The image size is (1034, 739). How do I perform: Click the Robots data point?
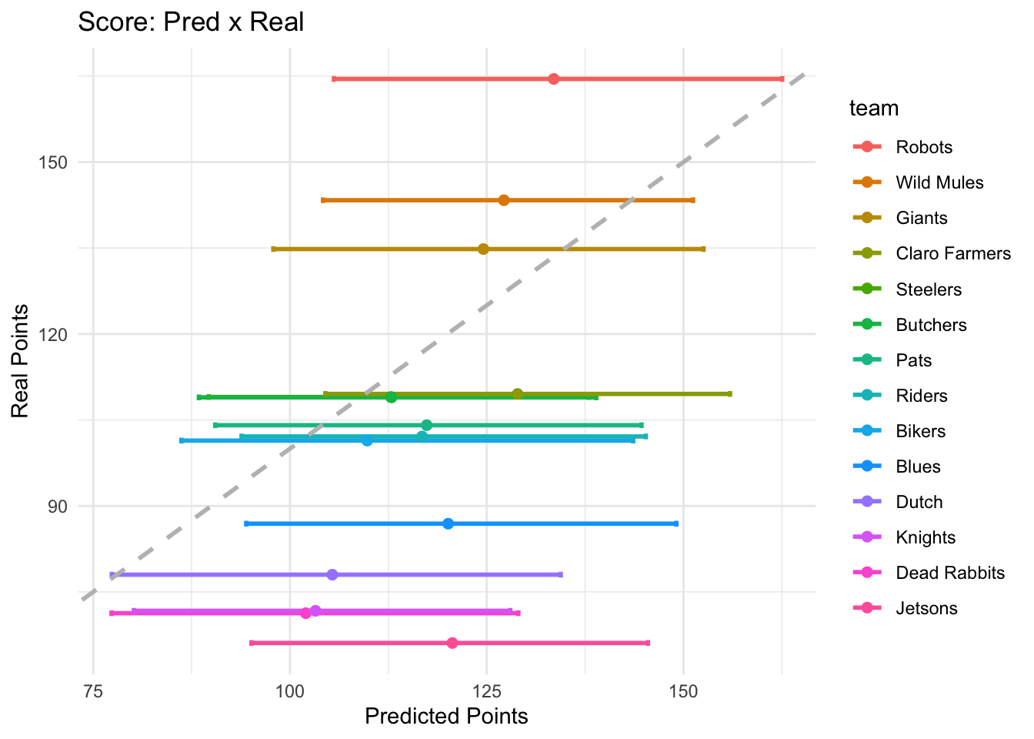point(553,79)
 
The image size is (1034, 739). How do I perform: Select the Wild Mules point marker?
point(504,200)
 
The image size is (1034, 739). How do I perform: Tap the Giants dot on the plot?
point(483,249)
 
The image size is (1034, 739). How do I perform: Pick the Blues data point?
point(449,523)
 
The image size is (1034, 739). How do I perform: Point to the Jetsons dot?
point(452,643)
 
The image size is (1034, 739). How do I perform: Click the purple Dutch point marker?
point(332,574)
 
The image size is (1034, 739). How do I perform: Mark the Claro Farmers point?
point(517,394)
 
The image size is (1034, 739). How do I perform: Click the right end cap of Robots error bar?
point(782,79)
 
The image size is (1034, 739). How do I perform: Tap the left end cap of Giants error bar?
point(273,249)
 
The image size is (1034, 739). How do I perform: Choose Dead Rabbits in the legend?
point(950,573)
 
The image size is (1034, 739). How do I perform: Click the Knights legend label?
point(926,537)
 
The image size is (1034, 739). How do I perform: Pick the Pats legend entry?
point(913,360)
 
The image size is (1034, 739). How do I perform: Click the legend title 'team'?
point(873,109)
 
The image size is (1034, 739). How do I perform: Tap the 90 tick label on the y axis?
point(58,507)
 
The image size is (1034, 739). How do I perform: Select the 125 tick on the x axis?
point(486,691)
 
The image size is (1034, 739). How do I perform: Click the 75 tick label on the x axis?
point(93,691)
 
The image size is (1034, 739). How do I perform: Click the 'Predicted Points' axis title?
point(446,717)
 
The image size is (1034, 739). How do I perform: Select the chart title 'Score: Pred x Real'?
point(191,22)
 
